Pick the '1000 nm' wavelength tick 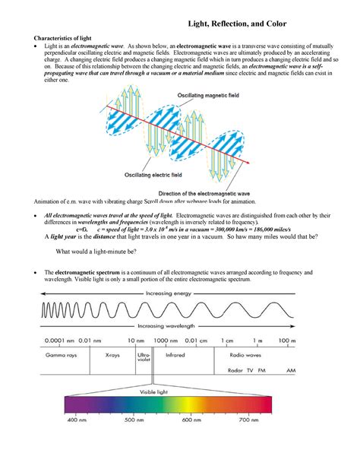(166, 340)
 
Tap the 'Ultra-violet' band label (144, 357)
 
